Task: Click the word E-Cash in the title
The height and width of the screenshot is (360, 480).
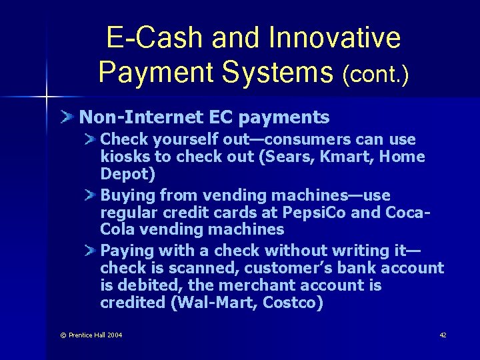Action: click(155, 38)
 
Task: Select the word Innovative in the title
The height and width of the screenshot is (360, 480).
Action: click(335, 38)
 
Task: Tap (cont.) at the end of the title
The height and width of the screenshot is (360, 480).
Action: click(375, 73)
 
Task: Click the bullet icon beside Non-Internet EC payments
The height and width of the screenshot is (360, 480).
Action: click(68, 118)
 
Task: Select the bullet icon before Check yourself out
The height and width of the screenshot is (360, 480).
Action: click(90, 139)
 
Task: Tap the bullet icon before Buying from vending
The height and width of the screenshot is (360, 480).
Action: click(90, 195)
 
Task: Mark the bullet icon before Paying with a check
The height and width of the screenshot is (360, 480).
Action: click(90, 251)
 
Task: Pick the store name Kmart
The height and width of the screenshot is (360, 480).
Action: click(377, 157)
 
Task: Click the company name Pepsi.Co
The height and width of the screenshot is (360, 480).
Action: click(313, 213)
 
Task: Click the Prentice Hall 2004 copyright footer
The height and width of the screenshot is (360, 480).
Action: click(91, 335)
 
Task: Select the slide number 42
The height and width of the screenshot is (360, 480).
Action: click(443, 335)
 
